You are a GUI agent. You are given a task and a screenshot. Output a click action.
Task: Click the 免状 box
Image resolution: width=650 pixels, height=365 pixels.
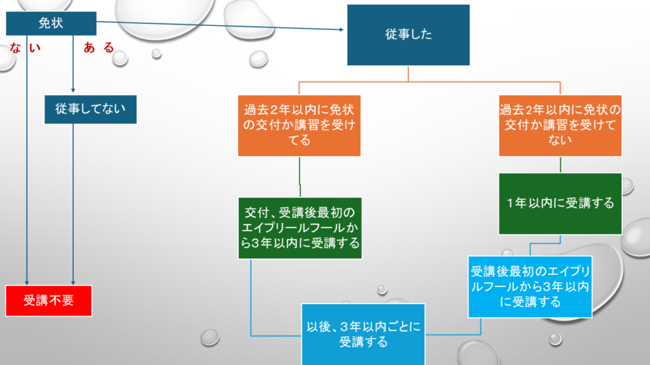click(x=51, y=24)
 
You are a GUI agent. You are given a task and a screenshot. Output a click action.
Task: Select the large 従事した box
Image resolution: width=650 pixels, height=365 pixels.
click(x=408, y=35)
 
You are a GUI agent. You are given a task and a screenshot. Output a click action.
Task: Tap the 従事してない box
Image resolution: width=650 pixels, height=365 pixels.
click(x=90, y=109)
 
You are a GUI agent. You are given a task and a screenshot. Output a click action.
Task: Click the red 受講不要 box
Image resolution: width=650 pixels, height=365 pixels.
click(x=49, y=300)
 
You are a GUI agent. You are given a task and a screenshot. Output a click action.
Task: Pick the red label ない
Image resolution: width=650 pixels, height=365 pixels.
click(x=24, y=48)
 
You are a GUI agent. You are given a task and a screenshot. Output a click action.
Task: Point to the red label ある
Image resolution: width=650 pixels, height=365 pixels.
click(x=98, y=48)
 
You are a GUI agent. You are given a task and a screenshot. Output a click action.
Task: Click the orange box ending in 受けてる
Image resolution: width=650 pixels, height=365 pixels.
click(x=299, y=125)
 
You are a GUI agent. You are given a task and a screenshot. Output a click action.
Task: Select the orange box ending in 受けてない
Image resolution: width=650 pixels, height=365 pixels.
click(x=560, y=125)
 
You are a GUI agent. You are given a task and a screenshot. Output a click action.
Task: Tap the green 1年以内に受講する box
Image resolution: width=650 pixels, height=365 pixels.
click(x=560, y=203)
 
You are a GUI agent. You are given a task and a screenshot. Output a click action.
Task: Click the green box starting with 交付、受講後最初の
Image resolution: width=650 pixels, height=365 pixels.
click(x=299, y=228)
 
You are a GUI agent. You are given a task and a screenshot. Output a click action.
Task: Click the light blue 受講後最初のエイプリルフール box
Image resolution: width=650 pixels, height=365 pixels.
click(x=530, y=286)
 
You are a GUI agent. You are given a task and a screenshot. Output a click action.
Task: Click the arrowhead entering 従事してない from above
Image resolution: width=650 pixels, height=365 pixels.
click(x=74, y=90)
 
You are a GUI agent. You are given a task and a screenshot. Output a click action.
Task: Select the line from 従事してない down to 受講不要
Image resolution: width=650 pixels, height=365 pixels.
click(x=74, y=203)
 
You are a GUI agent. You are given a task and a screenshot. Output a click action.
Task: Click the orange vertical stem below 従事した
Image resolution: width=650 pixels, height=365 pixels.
click(x=408, y=74)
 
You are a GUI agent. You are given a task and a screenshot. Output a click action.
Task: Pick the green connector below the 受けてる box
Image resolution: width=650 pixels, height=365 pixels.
click(x=300, y=177)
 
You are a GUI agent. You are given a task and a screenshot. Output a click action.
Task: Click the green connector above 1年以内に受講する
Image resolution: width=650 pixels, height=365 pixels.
click(x=560, y=165)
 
